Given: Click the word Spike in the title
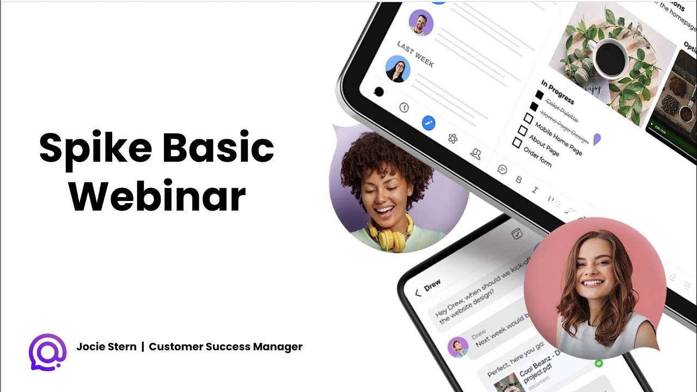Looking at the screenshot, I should pyautogui.click(x=94, y=148).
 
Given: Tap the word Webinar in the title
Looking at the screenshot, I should pyautogui.click(x=157, y=195).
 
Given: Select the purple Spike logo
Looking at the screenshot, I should pyautogui.click(x=47, y=352).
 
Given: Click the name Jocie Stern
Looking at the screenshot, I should pyautogui.click(x=106, y=347).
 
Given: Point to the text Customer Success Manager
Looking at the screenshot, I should pyautogui.click(x=225, y=347).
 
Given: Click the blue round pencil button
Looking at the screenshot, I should pyautogui.click(x=429, y=122).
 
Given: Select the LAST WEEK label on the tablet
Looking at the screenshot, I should pyautogui.click(x=415, y=54).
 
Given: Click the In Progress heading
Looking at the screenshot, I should pyautogui.click(x=558, y=92).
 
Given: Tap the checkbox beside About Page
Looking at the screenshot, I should pyautogui.click(x=523, y=131).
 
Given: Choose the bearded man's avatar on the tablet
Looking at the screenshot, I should pyautogui.click(x=421, y=22).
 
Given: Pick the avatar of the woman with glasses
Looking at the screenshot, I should pyautogui.click(x=398, y=69).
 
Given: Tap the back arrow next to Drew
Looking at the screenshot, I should pyautogui.click(x=418, y=293).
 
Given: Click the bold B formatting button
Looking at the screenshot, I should pyautogui.click(x=519, y=180).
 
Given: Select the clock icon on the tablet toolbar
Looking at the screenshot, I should pyautogui.click(x=404, y=107).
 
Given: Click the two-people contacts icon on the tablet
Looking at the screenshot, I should pyautogui.click(x=476, y=154).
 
